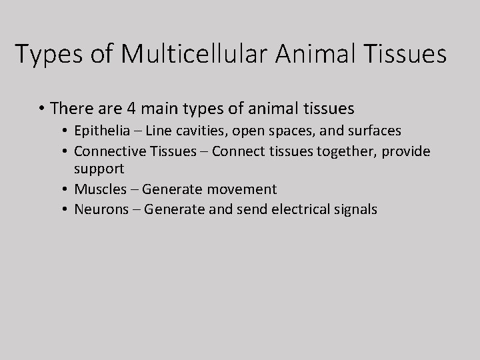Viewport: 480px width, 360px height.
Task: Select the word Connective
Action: tap(107, 151)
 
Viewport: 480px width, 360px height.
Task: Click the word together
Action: tap(342, 151)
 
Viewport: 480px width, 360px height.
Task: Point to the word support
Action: tap(99, 170)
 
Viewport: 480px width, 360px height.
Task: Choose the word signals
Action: tap(353, 209)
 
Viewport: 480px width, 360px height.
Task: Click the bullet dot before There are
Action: tap(41, 108)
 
